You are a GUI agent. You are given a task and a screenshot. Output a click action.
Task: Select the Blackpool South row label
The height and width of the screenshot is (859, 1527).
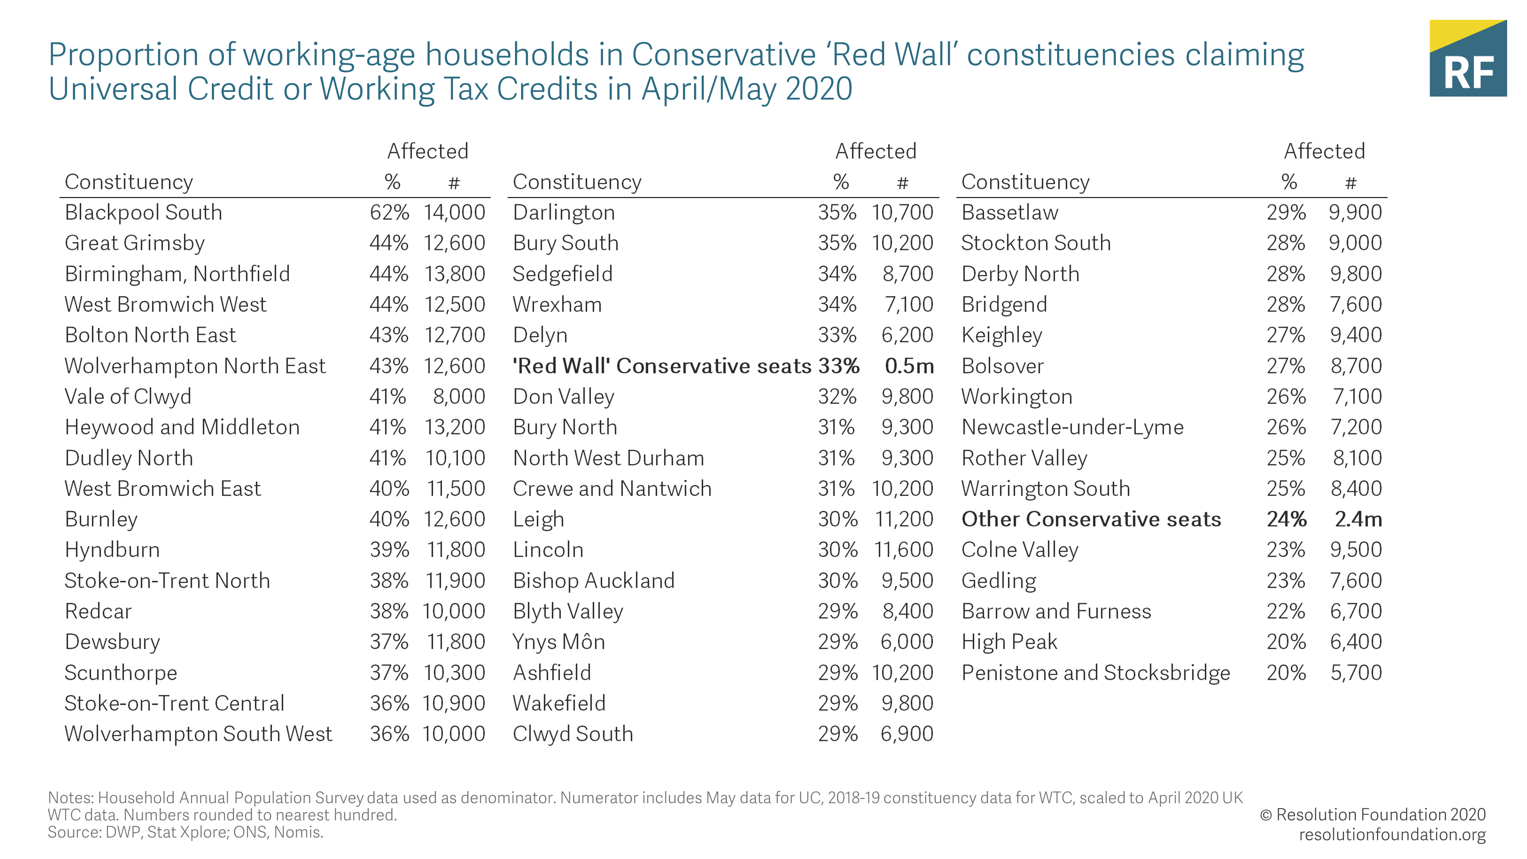tap(144, 212)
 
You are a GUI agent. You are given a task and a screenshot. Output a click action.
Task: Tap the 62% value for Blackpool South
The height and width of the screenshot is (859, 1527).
tap(389, 212)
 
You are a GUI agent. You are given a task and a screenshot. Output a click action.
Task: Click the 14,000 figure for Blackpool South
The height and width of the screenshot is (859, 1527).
tap(454, 212)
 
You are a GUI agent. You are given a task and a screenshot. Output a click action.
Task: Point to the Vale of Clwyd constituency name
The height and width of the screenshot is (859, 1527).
tap(128, 397)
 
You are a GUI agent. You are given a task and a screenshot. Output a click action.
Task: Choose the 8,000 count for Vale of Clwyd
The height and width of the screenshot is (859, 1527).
tap(459, 397)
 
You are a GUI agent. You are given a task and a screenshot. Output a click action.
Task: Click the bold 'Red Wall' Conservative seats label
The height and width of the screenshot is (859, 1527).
tap(662, 366)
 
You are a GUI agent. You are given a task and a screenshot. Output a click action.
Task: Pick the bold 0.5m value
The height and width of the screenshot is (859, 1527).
tap(909, 366)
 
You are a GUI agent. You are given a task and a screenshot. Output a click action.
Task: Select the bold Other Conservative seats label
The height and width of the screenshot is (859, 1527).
tap(1091, 519)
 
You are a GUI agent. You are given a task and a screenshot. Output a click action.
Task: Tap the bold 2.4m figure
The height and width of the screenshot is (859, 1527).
tap(1358, 519)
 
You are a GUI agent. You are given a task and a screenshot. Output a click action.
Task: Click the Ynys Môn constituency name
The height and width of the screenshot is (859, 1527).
tap(559, 642)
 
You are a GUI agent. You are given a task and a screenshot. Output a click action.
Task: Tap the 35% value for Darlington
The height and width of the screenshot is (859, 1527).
tap(837, 212)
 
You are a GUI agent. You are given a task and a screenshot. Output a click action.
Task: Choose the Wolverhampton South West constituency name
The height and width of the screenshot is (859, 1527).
tap(199, 734)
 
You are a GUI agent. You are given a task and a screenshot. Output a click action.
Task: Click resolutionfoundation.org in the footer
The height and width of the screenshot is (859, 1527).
tap(1392, 835)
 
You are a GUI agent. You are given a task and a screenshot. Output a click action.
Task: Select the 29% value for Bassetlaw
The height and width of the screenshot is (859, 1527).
tap(1286, 212)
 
